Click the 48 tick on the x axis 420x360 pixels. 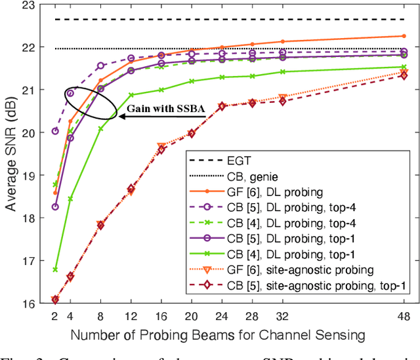(403, 316)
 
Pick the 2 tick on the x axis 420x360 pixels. (55, 316)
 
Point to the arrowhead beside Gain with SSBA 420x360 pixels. (121, 116)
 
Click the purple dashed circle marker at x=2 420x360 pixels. (55, 131)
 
